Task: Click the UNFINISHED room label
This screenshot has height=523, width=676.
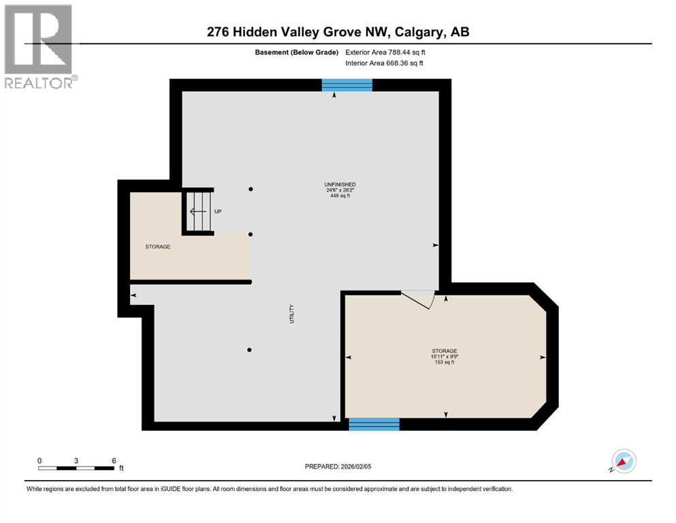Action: coord(340,185)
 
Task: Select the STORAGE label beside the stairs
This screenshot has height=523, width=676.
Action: coord(157,247)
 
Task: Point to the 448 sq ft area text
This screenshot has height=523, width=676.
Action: coord(340,196)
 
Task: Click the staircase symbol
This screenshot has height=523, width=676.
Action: coord(198,210)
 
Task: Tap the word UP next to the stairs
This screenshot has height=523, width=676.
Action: coord(219,211)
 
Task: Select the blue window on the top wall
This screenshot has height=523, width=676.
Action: coord(347,85)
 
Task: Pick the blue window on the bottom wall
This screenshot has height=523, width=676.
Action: coord(374,424)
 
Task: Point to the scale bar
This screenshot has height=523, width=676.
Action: coord(76,468)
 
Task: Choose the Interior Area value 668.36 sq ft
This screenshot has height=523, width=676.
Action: coord(406,63)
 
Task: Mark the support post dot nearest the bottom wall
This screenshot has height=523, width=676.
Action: coord(250,350)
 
